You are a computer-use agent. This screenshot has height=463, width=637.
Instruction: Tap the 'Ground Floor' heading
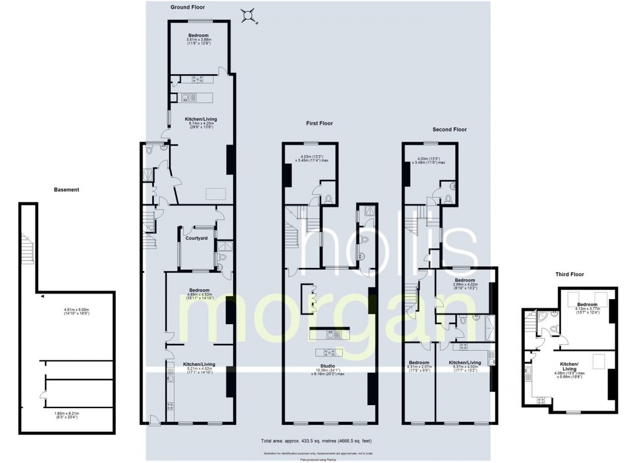pyautogui.click(x=188, y=8)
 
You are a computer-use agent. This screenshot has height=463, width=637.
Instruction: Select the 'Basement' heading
pyautogui.click(x=67, y=189)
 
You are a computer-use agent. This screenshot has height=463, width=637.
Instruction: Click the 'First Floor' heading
pyautogui.click(x=321, y=123)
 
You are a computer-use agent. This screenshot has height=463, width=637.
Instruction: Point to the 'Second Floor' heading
pyautogui.click(x=449, y=130)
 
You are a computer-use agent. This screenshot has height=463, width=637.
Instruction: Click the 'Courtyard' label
pyautogui.click(x=196, y=238)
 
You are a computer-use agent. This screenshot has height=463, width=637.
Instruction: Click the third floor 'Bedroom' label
pyautogui.click(x=587, y=304)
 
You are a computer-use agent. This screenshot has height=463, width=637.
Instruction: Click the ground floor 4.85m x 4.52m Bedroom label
pyautogui.click(x=198, y=293)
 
